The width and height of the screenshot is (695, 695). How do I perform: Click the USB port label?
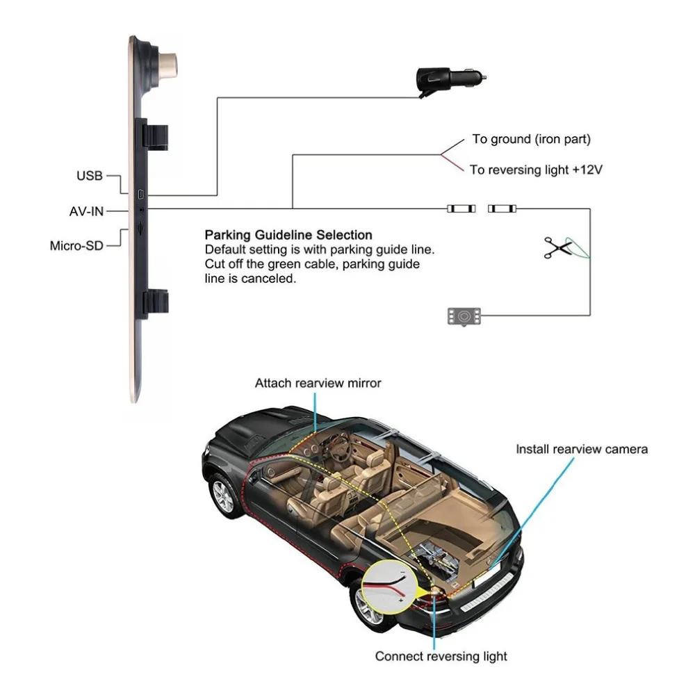click(x=90, y=176)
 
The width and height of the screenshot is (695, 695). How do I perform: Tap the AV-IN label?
click(x=86, y=211)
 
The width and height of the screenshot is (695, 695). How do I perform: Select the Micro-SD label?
click(x=76, y=245)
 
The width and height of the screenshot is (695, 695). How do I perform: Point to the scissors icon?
click(x=557, y=248)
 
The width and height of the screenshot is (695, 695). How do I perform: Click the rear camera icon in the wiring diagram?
click(x=464, y=316)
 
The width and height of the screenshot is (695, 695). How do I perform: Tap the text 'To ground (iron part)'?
click(x=532, y=139)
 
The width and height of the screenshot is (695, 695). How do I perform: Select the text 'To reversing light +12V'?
click(x=537, y=170)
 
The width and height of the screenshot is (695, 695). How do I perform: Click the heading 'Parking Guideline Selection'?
click(x=288, y=235)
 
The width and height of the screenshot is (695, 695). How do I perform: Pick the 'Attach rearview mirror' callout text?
click(x=318, y=383)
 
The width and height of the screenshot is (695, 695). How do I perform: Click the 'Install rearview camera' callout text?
click(x=582, y=449)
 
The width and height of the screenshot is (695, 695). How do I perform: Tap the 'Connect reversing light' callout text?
click(x=441, y=656)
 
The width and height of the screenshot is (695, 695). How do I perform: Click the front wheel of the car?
click(x=224, y=496)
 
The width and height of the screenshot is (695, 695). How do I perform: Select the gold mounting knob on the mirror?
click(x=168, y=65)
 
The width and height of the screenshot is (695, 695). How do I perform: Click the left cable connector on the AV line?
click(x=461, y=208)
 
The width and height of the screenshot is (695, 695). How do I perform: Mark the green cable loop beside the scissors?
click(x=578, y=248)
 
